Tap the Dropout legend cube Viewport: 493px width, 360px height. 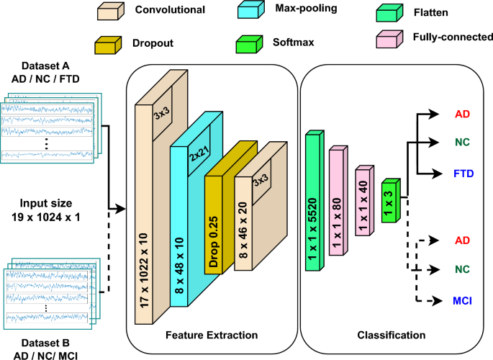pos(109,45)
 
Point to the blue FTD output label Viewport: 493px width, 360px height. pos(462,174)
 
